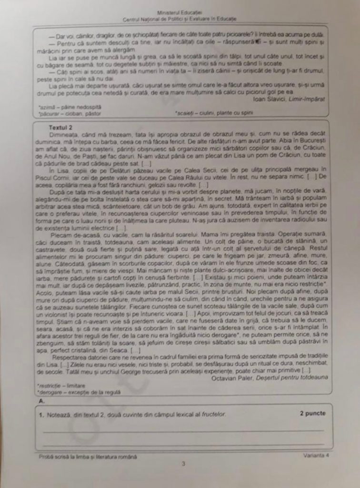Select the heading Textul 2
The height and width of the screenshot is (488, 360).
tap(60, 128)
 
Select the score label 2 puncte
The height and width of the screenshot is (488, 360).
tap(313, 413)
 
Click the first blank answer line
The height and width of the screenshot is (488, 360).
tap(183, 430)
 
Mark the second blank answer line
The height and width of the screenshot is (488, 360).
tap(183, 444)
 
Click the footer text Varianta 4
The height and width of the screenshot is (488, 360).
tap(316, 455)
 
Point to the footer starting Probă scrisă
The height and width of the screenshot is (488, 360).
tap(88, 456)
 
